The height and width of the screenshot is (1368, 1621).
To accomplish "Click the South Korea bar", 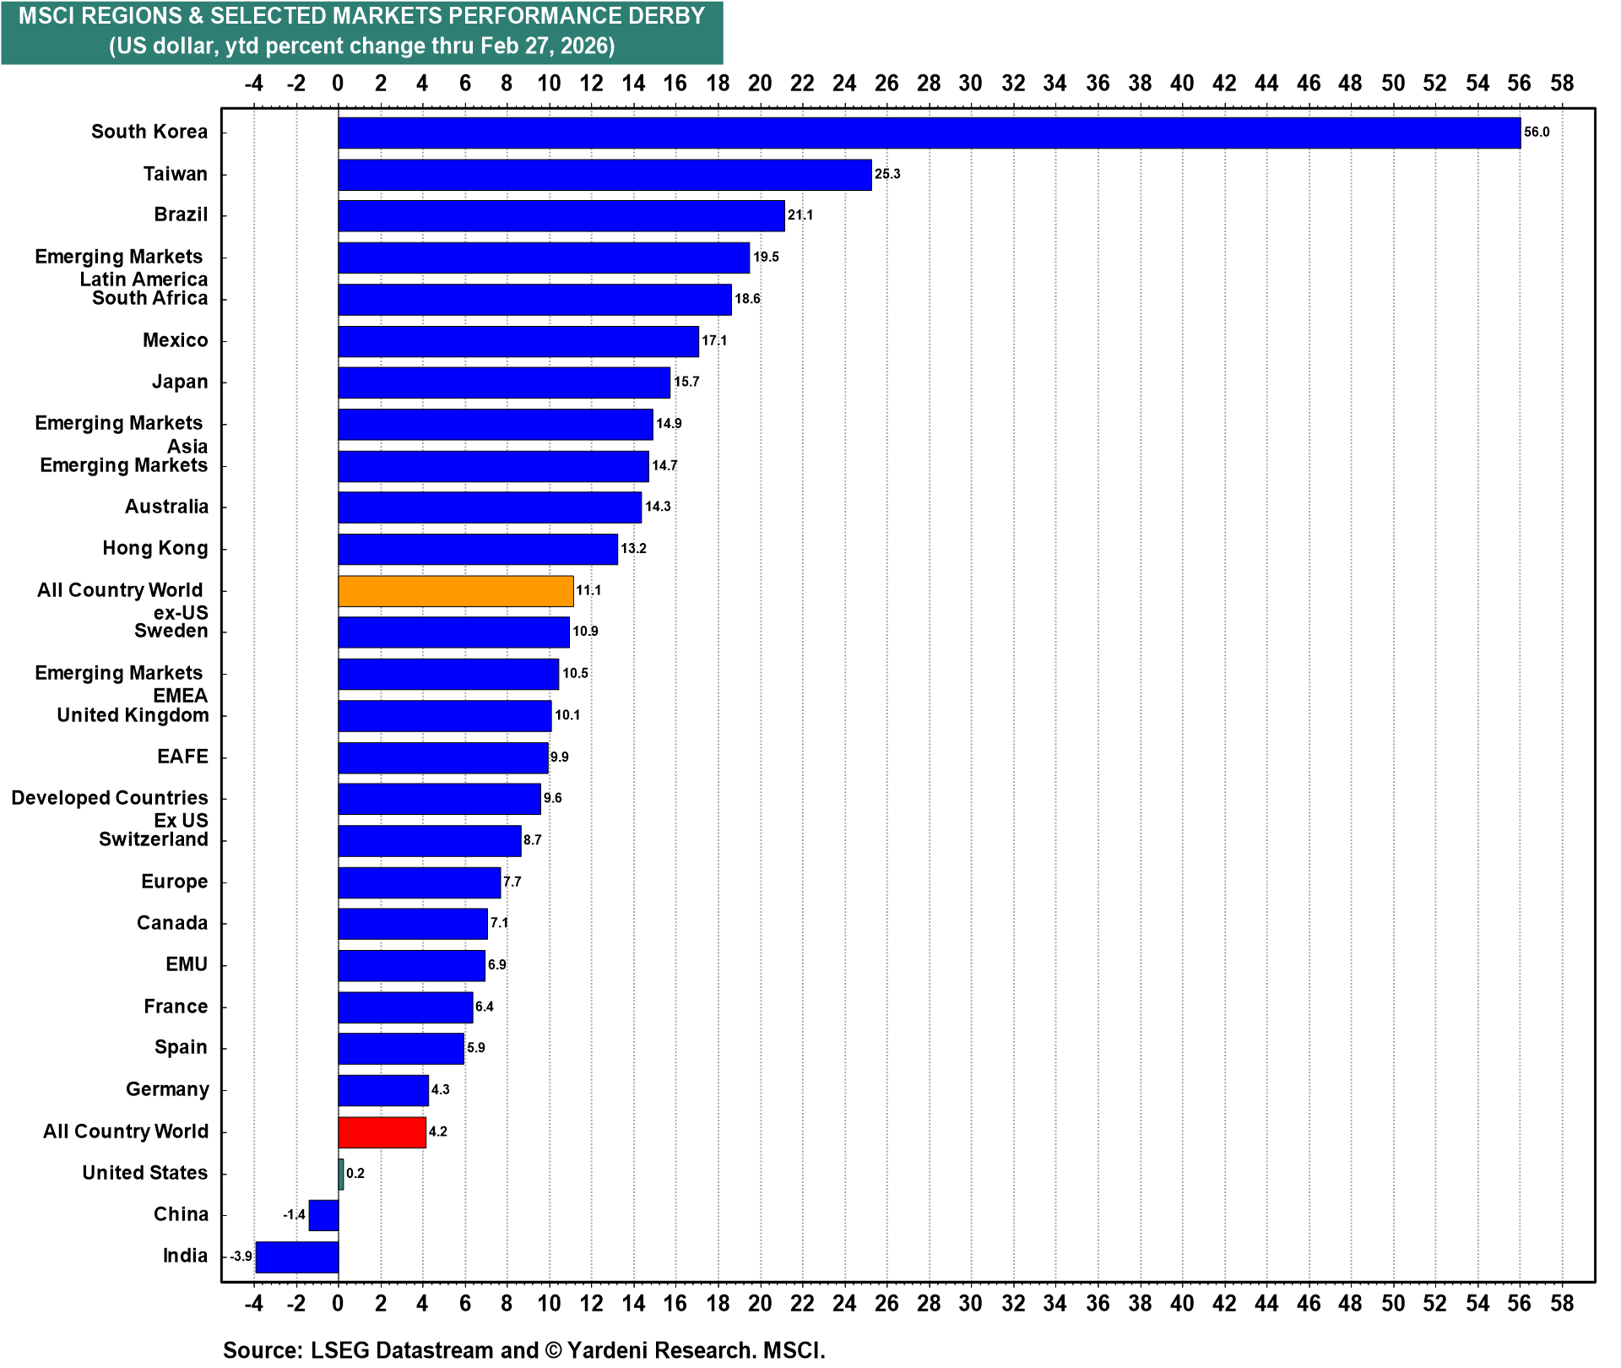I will pyautogui.click(x=929, y=133).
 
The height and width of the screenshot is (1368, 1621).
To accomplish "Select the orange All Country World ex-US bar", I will pyautogui.click(x=456, y=591).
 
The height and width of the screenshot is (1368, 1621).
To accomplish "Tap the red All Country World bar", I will pyautogui.click(x=382, y=1132).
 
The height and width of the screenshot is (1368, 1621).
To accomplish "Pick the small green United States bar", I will pyautogui.click(x=341, y=1174).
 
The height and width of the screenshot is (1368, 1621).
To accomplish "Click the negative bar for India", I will pyautogui.click(x=297, y=1257).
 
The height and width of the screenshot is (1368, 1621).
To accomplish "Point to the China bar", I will pyautogui.click(x=323, y=1215).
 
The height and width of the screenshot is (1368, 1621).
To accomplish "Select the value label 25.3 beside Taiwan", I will pyautogui.click(x=887, y=174).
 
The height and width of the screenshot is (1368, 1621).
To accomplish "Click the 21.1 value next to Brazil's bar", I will pyautogui.click(x=800, y=215).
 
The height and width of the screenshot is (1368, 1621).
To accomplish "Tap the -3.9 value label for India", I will pyautogui.click(x=241, y=1257).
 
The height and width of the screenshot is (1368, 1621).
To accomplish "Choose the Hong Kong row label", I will pyautogui.click(x=155, y=548).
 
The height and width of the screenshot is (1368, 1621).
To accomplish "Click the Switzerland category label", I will pyautogui.click(x=154, y=839).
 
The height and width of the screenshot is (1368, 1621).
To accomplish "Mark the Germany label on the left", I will pyautogui.click(x=167, y=1089).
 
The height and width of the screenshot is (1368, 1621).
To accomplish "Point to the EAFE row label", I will pyautogui.click(x=182, y=757).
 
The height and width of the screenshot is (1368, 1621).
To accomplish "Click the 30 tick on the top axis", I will pyautogui.click(x=971, y=83).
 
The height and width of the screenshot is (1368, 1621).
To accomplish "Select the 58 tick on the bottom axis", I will pyautogui.click(x=1562, y=1303).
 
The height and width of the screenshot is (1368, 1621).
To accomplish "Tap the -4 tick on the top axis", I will pyautogui.click(x=253, y=83).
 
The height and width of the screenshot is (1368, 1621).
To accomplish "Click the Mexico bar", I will pyautogui.click(x=518, y=341).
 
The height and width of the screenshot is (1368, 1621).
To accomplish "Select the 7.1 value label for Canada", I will pyautogui.click(x=500, y=923).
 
